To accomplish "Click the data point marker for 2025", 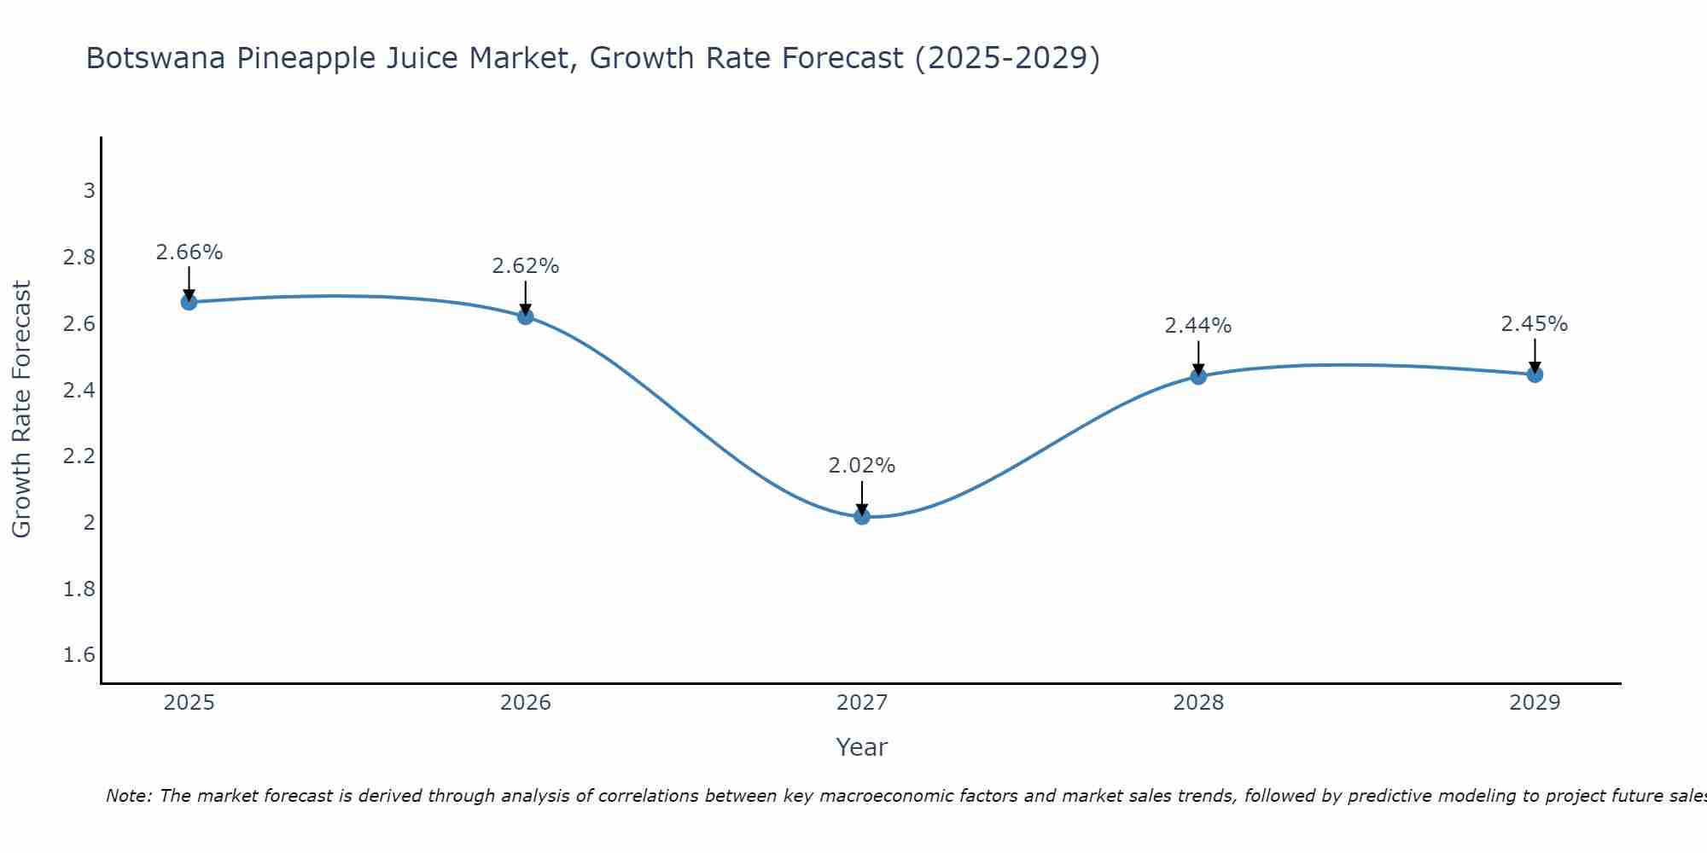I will pos(189,302).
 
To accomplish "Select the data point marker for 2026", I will pos(525,316).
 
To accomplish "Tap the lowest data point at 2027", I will pos(861,516).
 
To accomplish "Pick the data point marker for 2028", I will pos(1198,376).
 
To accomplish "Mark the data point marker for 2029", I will pos(1535,374).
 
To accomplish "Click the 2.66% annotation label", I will pos(189,252).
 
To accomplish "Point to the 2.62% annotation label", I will pos(525,266).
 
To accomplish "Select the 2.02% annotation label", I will pos(861,466).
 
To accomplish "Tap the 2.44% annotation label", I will pos(1198,326).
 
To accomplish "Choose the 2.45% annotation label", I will pos(1535,324).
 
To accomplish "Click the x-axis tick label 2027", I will pos(861,703).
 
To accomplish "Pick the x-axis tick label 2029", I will pos(1535,703).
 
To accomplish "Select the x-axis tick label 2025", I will pos(189,703).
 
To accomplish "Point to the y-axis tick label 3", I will pos(89,190).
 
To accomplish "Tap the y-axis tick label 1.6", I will pos(79,655).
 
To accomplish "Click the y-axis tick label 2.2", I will pos(79,456).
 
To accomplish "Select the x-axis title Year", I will pos(861,747).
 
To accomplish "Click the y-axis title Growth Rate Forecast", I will pos(21,409).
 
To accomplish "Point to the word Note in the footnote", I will pos(128,796).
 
